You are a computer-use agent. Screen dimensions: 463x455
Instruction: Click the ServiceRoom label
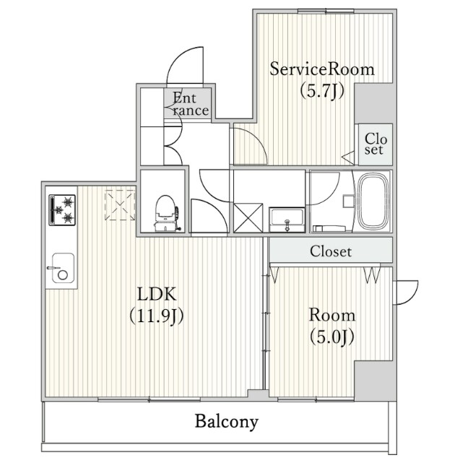point(322,69)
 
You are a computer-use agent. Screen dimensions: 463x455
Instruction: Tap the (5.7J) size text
point(322,91)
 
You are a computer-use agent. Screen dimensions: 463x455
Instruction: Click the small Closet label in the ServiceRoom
point(373,144)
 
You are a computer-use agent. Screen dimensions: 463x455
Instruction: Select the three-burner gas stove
point(63,209)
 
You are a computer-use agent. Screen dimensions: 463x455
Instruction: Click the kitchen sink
point(61,272)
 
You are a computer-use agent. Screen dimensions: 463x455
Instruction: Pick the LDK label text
point(157,294)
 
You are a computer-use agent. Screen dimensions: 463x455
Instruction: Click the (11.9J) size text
point(157,316)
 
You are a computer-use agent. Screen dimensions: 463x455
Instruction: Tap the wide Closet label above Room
point(331,252)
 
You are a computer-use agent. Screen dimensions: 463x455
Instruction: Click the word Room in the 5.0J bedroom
point(331,315)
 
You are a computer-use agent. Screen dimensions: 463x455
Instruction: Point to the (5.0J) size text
point(331,336)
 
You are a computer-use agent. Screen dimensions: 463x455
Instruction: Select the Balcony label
point(226,422)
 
